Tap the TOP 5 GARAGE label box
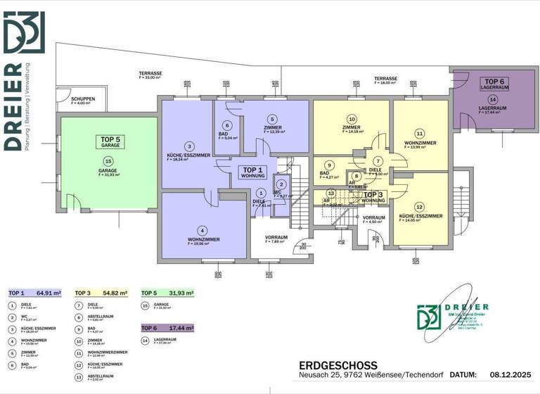click(x=109, y=142)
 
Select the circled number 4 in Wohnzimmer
click(x=203, y=230)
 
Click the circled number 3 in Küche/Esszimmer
click(x=189, y=146)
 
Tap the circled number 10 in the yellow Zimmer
click(x=352, y=119)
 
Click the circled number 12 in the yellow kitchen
click(x=420, y=207)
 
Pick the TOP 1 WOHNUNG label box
click(x=252, y=172)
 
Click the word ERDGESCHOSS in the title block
click(x=338, y=365)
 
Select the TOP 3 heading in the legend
click(x=82, y=293)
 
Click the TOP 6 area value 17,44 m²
click(x=180, y=329)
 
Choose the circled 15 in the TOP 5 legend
click(x=145, y=305)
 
